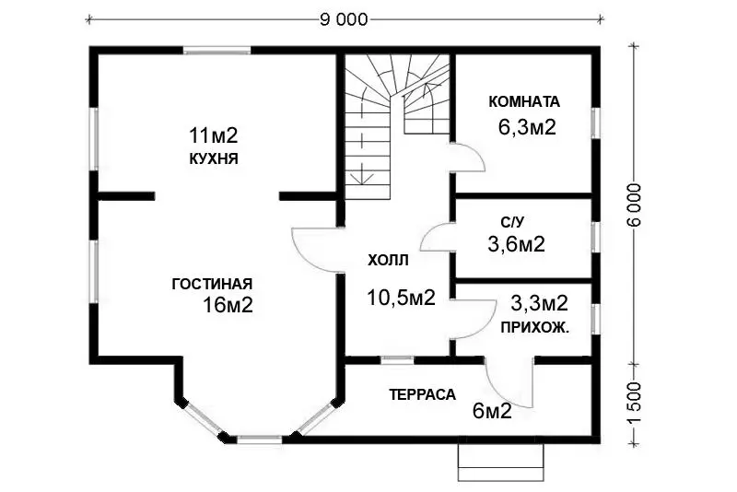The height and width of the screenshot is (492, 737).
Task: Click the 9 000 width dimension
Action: tap(344, 19)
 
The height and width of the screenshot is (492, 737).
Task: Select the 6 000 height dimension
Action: tap(634, 205)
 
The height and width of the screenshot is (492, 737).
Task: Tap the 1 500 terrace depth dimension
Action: tap(634, 403)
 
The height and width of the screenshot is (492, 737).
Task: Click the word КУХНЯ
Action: tap(214, 158)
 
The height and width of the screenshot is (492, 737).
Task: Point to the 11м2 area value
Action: tap(214, 135)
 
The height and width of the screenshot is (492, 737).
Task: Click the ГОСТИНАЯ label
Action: tap(213, 284)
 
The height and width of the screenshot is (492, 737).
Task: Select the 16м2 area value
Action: tap(228, 306)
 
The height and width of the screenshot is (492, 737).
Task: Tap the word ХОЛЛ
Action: tap(388, 260)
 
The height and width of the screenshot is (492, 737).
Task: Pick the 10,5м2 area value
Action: tap(401, 298)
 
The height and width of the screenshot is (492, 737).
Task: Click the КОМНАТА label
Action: tap(524, 101)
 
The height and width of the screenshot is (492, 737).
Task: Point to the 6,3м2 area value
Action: tap(527, 127)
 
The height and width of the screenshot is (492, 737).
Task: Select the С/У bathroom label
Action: tap(512, 222)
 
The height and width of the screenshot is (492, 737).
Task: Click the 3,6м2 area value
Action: tap(516, 244)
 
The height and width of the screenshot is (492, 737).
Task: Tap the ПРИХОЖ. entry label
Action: tap(535, 327)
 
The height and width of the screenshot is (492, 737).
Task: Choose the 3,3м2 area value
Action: tap(539, 303)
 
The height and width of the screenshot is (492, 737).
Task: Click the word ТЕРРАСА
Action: tap(423, 394)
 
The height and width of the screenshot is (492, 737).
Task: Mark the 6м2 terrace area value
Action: tap(492, 412)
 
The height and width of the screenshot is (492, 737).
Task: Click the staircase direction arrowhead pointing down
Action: tap(362, 179)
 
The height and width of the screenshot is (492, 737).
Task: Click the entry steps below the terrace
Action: tap(501, 463)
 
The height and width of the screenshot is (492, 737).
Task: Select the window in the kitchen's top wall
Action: tap(216, 51)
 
